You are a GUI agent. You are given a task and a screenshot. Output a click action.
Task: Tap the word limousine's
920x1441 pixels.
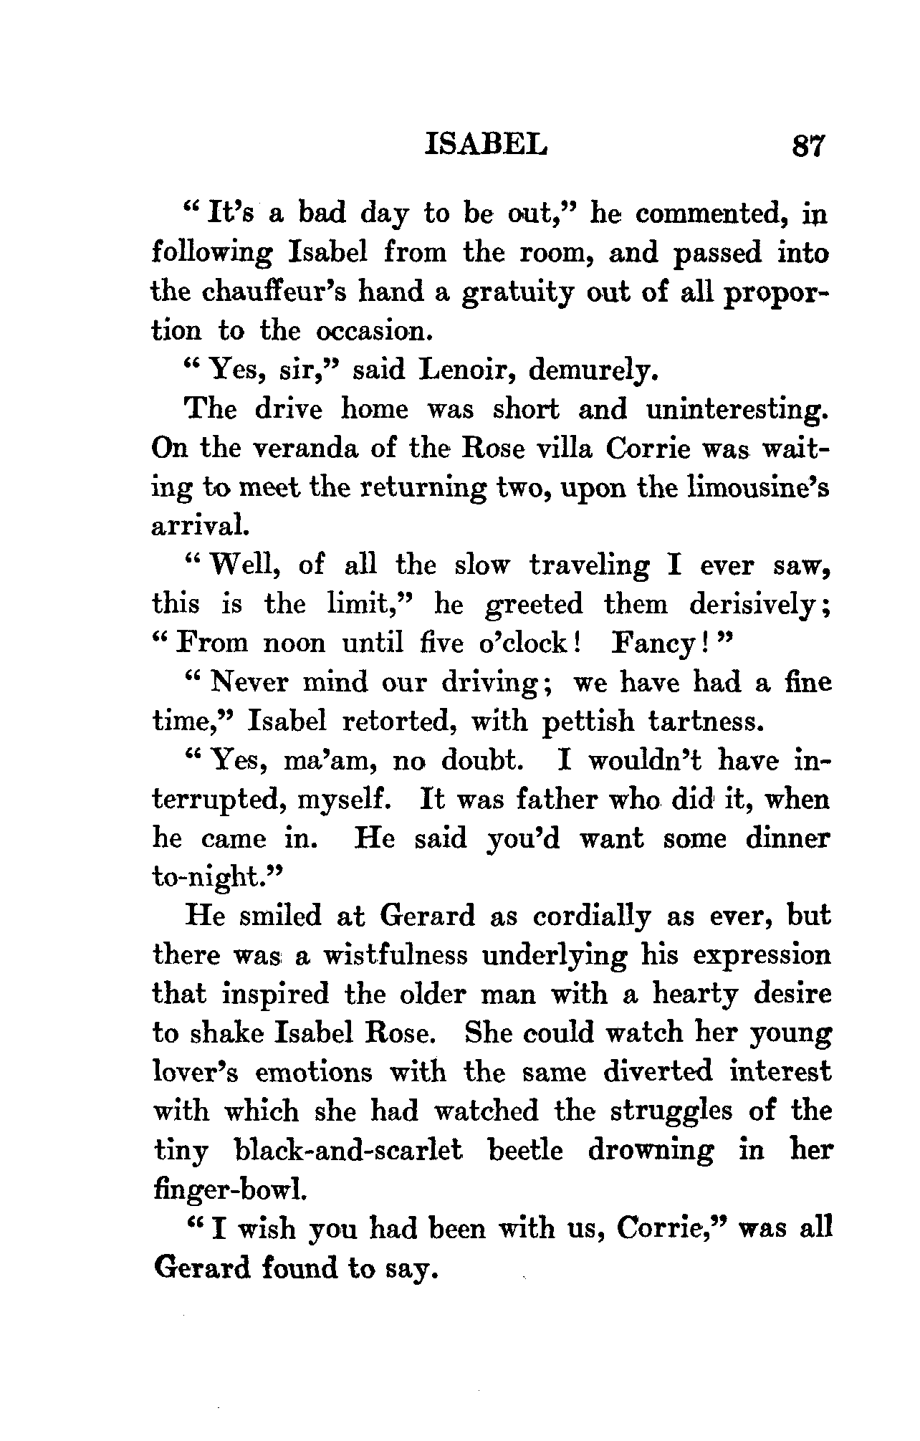click(758, 487)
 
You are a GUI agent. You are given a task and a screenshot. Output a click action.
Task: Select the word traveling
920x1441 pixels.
click(589, 566)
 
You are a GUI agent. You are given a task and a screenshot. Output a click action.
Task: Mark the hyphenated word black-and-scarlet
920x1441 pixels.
click(348, 1149)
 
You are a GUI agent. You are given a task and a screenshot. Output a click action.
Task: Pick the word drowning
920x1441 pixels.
click(651, 1151)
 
